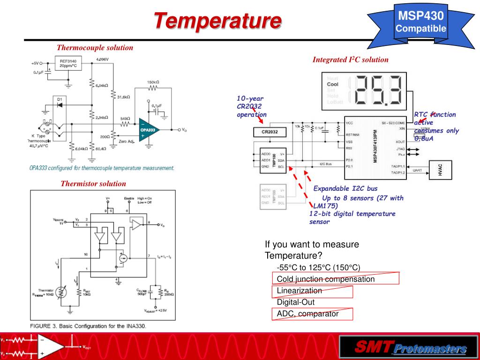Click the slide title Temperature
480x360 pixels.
pos(218,21)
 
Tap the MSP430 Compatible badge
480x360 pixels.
pos(420,23)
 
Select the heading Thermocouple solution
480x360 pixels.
pos(95,47)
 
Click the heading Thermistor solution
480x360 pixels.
pos(93,183)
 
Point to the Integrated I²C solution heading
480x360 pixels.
pos(351,60)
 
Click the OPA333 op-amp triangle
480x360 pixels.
pos(150,129)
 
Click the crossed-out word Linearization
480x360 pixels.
pos(300,291)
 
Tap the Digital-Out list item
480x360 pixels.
pos(296,302)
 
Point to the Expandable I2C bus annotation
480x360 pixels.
pos(345,188)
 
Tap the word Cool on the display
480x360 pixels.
pos(332,84)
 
